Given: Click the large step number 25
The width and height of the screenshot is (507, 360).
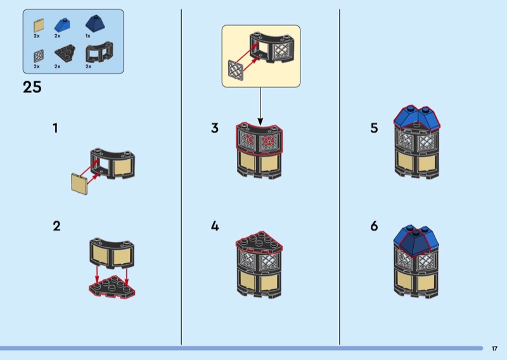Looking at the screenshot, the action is point(32,87).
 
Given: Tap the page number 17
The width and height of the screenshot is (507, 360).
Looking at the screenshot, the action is point(494,349).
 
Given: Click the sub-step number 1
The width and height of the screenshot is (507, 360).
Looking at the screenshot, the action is point(56,128).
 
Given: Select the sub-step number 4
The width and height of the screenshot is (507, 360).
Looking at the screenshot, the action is point(215,226).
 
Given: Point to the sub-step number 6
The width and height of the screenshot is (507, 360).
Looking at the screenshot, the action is point(374,226).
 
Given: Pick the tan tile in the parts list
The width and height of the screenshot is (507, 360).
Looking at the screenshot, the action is point(39,25).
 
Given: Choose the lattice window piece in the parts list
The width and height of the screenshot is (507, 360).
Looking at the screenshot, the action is point(39,56).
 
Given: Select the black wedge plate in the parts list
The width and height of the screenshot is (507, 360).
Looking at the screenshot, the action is point(65,53).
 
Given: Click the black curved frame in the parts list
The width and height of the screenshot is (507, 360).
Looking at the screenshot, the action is point(99,53).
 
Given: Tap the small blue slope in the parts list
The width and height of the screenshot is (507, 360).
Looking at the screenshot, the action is point(62,25).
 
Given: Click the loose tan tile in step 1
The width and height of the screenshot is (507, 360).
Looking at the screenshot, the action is point(80,184).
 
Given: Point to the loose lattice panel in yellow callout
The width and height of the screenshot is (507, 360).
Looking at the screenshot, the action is point(236,71).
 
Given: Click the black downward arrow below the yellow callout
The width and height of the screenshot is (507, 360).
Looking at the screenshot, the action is point(260,106).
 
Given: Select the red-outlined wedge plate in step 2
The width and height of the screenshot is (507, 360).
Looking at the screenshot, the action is point(112,287).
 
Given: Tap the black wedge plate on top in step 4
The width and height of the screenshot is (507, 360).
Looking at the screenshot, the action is point(259,241).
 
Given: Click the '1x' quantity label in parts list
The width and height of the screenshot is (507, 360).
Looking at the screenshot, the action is point(88,36).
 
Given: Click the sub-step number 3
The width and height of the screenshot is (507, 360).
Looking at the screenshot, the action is point(215,128).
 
